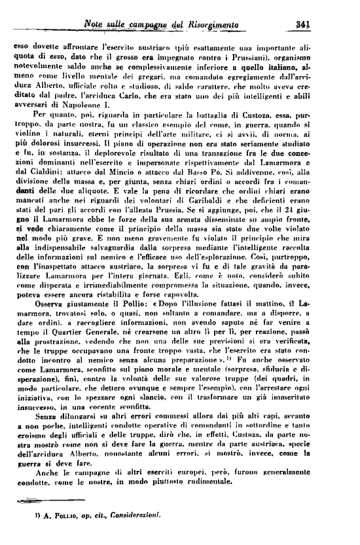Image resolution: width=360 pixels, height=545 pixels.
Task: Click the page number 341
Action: [x=302, y=24]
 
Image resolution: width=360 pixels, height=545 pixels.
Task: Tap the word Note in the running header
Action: [x=97, y=25]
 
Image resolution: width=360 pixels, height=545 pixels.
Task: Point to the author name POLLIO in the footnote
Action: [x=52, y=535]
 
